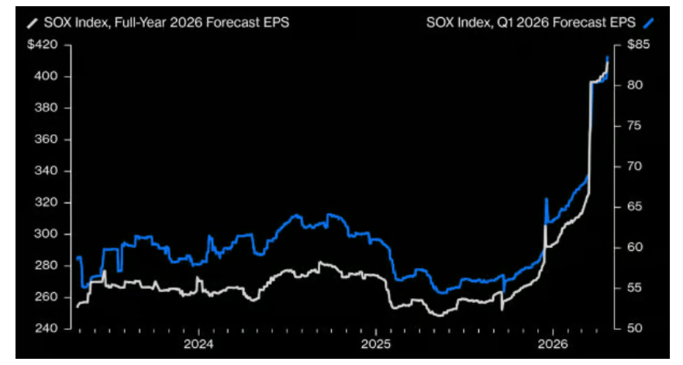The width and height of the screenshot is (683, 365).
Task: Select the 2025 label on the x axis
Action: pyautogui.click(x=375, y=344)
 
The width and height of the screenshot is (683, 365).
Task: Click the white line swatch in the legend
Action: pyautogui.click(x=31, y=23)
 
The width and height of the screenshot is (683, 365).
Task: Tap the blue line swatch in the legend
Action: pyautogui.click(x=649, y=23)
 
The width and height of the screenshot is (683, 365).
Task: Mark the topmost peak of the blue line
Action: pyautogui.click(x=608, y=57)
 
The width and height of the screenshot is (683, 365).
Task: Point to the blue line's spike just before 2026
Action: pyautogui.click(x=547, y=200)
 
